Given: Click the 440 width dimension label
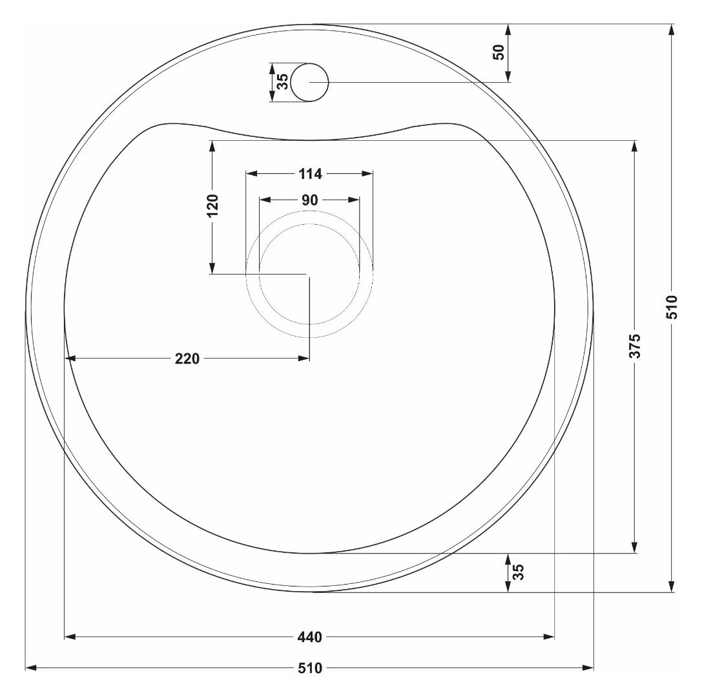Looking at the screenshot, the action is point(310,636).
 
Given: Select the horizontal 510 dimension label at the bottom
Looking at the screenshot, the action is point(310,668).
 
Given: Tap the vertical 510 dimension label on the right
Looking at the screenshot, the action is point(672,307).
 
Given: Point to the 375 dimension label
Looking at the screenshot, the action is point(635,346).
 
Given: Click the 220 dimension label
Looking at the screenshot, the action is point(187,359).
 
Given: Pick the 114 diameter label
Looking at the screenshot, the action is point(310,174).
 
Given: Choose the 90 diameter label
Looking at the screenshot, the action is point(310,200).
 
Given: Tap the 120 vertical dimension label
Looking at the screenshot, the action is point(212,205).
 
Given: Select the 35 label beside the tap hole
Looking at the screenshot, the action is point(282,82).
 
